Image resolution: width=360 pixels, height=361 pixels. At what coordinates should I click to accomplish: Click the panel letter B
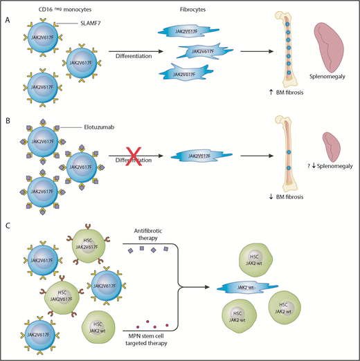(8, 126)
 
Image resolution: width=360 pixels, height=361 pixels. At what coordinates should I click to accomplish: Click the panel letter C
(8, 226)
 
